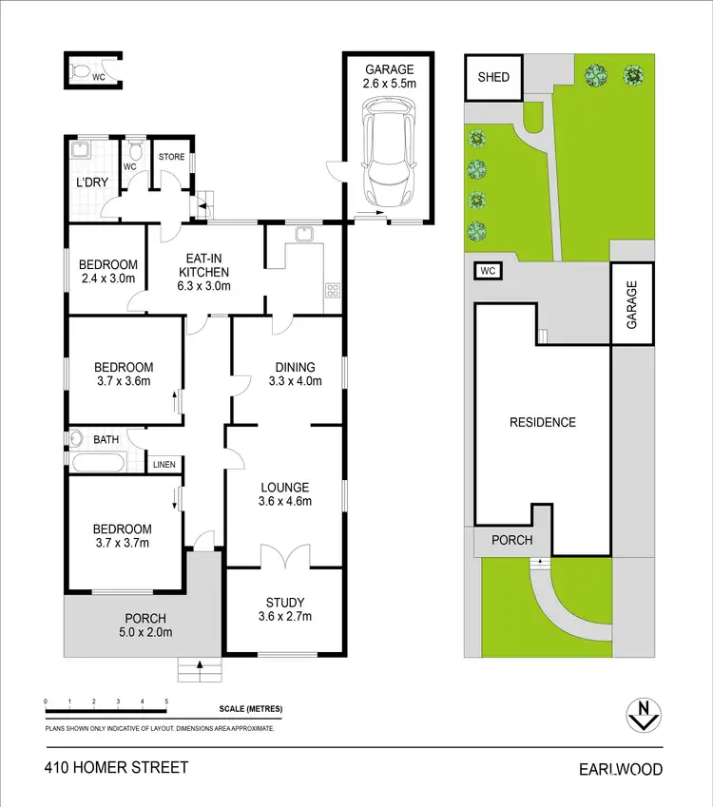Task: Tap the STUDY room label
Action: point(285,609)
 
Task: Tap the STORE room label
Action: point(171,157)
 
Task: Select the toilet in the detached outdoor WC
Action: point(80,70)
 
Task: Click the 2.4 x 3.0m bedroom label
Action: point(107,272)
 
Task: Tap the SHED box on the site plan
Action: point(492,78)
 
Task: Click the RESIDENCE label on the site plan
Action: point(542,422)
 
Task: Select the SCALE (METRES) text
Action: point(250,709)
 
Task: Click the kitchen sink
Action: point(304,234)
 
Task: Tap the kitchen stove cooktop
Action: point(332,291)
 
